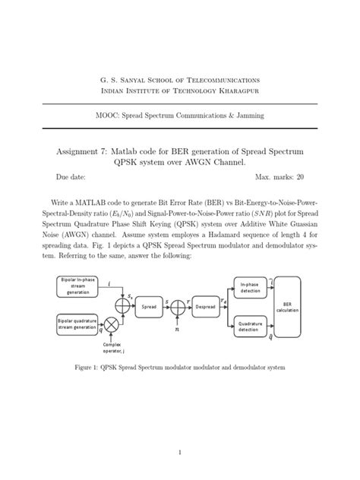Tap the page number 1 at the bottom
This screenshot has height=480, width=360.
[180, 453]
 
